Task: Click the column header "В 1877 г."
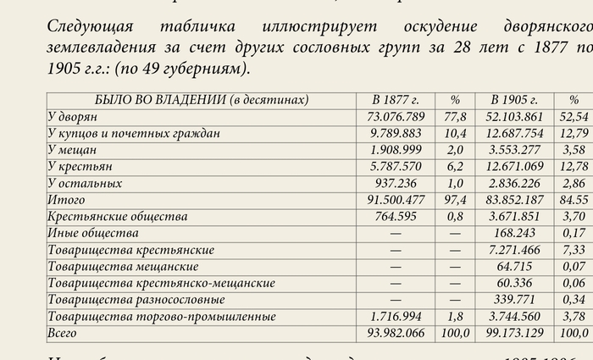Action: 395,100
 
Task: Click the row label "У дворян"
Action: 74,117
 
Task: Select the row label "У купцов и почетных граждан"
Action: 134,133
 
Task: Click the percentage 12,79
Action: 574,133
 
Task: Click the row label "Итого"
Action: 67,200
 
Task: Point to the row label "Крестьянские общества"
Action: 118,217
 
